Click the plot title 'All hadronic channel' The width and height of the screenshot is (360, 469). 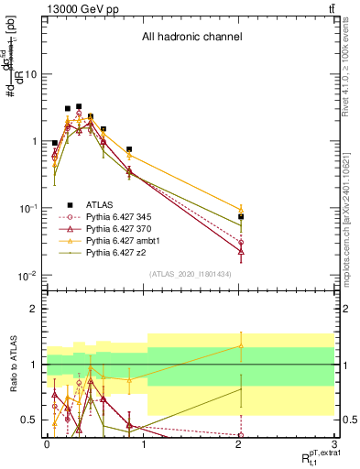coord(191,38)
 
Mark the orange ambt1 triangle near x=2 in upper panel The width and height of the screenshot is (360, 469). coord(241,209)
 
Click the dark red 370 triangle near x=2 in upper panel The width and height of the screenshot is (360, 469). coord(241,250)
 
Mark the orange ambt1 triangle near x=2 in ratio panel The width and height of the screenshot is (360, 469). coord(241,345)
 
